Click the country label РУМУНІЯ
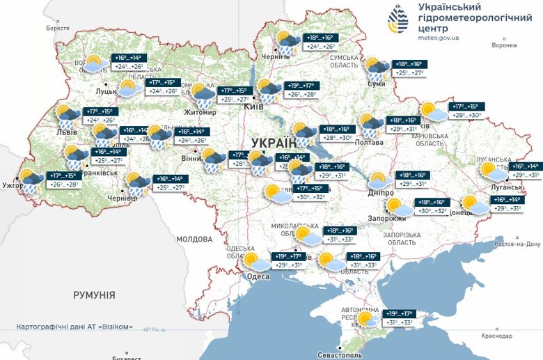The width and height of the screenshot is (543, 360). (94, 295)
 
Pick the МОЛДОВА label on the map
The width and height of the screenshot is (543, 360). (194, 239)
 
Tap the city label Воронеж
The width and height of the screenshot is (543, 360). (504, 45)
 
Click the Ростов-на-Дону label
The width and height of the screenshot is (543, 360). (517, 244)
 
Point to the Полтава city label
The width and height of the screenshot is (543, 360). (368, 142)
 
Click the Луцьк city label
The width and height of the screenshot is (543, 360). (107, 91)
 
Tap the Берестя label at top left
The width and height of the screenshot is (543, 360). (58, 28)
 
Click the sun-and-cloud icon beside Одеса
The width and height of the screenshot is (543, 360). (255, 262)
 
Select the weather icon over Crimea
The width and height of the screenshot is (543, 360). (368, 318)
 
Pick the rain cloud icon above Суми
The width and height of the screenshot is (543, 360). (378, 68)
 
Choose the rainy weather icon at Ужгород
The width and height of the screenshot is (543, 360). (31, 180)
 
